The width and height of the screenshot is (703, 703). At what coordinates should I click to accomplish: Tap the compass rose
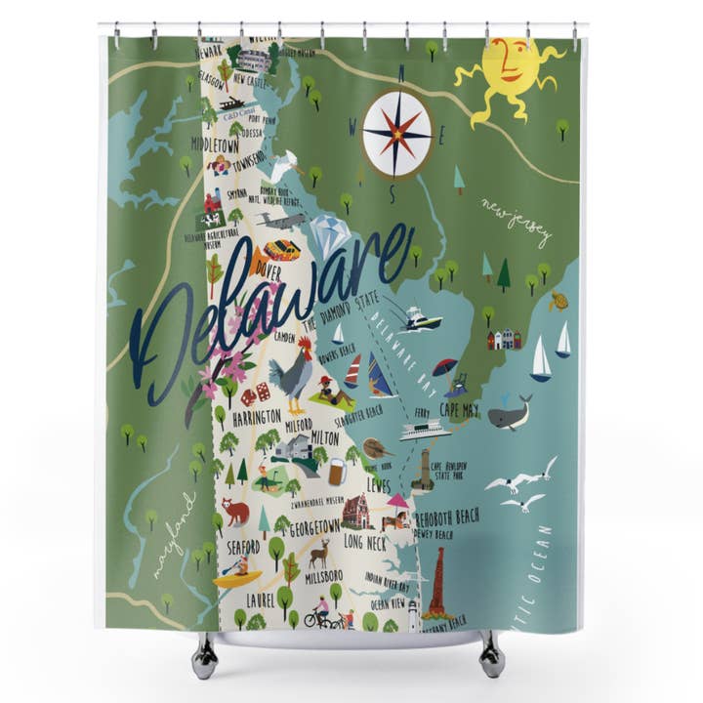[396, 135]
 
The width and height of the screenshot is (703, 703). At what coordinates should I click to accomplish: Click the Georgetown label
[314, 526]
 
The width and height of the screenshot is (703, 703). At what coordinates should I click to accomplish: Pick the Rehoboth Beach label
[448, 517]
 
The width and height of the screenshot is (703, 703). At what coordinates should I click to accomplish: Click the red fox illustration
[234, 511]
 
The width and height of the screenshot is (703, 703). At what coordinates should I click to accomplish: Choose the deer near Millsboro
[319, 555]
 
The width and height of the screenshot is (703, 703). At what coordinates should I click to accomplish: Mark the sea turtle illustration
[558, 302]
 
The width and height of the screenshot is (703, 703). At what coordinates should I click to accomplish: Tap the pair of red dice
[256, 393]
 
